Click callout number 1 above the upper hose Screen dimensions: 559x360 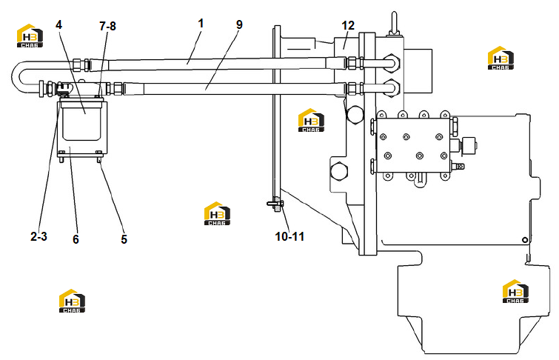coord(201,24)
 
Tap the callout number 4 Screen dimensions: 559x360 coord(58,24)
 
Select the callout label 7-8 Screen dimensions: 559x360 coord(107,26)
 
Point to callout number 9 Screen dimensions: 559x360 coord(239,24)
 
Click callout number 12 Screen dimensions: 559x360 coord(348,26)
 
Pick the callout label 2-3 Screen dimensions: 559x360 coord(39,236)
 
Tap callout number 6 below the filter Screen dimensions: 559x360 coord(76,239)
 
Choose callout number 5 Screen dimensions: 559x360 coord(124,239)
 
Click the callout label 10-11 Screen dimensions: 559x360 coord(289,236)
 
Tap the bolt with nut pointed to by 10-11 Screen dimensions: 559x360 coord(275,204)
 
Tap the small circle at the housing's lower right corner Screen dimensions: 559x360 coord(525,240)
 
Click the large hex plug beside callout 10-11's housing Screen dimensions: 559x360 coord(339,171)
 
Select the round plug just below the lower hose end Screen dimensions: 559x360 coord(354,114)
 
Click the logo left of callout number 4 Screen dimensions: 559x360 coord(30,36)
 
